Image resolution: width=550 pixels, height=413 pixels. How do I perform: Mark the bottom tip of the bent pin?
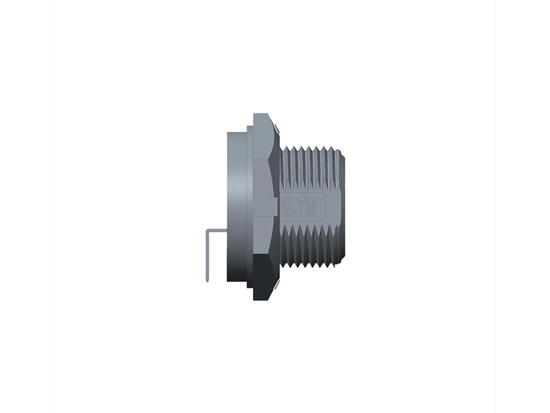(207, 280)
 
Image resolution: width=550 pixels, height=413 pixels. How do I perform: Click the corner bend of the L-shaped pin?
(208, 231)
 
